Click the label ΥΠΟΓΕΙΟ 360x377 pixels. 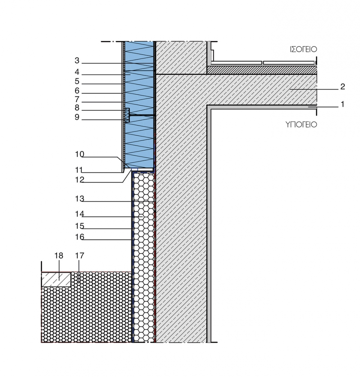[x=301, y=124]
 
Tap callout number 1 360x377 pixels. [x=342, y=104]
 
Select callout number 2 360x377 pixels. [x=343, y=87]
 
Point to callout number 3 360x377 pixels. [x=77, y=60]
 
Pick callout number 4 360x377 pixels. [x=77, y=72]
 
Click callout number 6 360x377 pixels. [x=77, y=91]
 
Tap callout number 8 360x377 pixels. [x=77, y=108]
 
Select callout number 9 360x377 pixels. [x=77, y=117]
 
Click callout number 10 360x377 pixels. [x=79, y=154]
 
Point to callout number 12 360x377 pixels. [x=79, y=180]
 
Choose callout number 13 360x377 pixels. [x=79, y=199]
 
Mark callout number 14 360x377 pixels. [x=79, y=214]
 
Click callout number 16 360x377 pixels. [x=79, y=237]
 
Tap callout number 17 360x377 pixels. [x=79, y=255]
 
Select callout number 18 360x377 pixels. [x=58, y=255]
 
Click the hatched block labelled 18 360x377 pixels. [x=56, y=280]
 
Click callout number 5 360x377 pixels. [x=77, y=81]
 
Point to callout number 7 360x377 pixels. [x=77, y=99]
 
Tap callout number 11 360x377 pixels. [x=79, y=170]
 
